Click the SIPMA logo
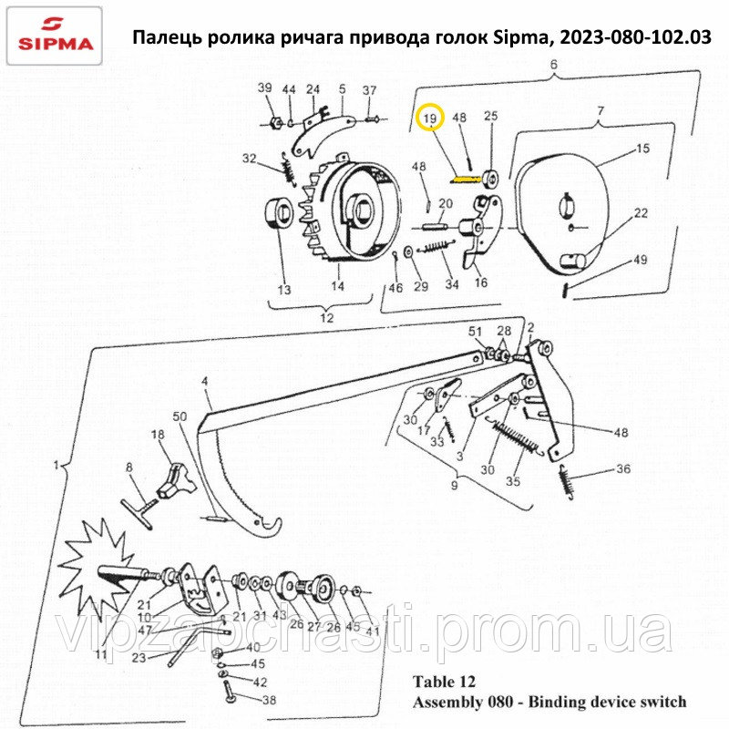coord(55,36)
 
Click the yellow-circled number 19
coord(430,118)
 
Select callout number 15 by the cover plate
coord(642,149)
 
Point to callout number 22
coord(641,213)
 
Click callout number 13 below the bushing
coord(284,290)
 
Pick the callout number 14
coord(337,285)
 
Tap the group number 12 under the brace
coord(327,317)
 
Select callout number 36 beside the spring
coord(623,468)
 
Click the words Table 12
coord(444,682)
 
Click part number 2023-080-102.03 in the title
coord(635,36)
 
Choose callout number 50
coord(180,416)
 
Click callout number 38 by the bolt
coord(269,700)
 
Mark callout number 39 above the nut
coord(264,87)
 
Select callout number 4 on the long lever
coord(205,382)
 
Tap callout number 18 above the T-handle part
coord(158,435)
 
